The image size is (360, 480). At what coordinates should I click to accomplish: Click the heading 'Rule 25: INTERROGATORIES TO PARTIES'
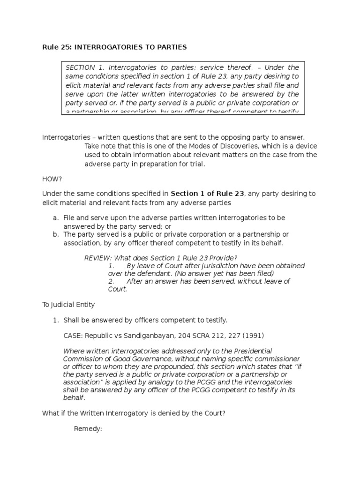pyautogui.click(x=114, y=47)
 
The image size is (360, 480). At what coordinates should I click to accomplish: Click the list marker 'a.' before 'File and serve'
pyautogui.click(x=55, y=218)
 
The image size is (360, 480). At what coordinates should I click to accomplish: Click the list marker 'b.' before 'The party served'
pyautogui.click(x=55, y=234)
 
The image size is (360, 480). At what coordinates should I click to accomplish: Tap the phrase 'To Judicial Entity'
pyautogui.click(x=68, y=305)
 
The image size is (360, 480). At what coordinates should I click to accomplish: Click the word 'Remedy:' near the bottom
pyautogui.click(x=88, y=429)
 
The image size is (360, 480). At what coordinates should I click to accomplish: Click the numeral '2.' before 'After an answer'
pyautogui.click(x=112, y=281)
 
